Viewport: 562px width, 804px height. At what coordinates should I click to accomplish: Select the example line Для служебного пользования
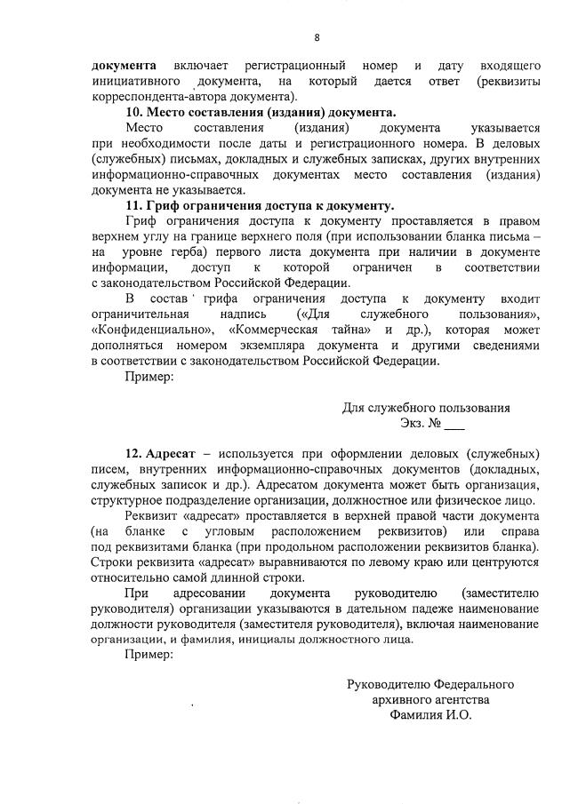[x=426, y=408]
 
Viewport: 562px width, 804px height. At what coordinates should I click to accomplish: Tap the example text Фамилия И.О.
[x=430, y=714]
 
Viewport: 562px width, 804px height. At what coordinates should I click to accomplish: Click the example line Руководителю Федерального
[x=430, y=684]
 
